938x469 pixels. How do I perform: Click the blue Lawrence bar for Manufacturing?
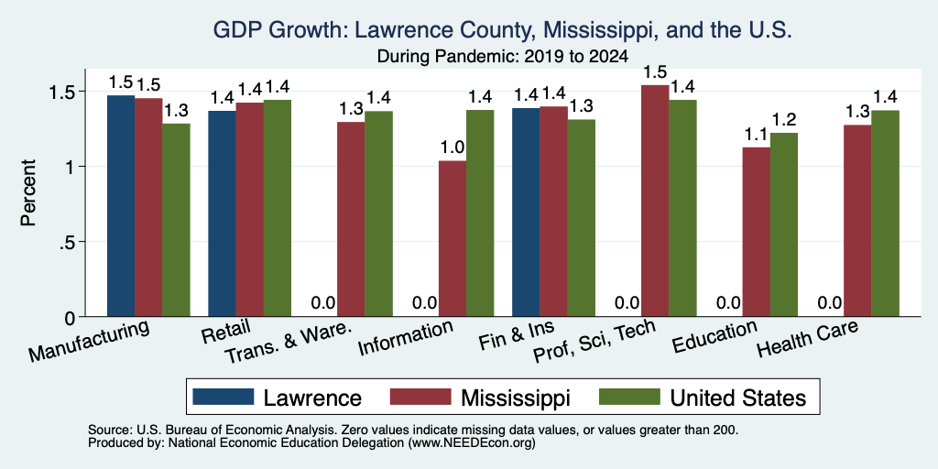click(121, 206)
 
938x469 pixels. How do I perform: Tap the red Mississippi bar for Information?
click(453, 239)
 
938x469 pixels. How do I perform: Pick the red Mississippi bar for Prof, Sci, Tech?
click(655, 201)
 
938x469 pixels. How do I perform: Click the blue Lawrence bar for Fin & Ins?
click(526, 213)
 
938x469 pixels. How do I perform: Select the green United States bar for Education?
click(784, 225)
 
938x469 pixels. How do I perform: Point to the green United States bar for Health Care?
click(886, 213)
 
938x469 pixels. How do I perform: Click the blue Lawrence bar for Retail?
click(222, 213)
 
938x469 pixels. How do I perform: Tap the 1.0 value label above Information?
click(453, 147)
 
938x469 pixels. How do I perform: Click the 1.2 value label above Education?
click(784, 120)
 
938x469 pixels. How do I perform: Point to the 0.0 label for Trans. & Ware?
click(323, 303)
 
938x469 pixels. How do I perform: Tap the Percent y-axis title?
click(28, 192)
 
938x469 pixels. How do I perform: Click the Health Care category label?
click(808, 338)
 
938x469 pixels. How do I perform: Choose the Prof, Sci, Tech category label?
click(594, 341)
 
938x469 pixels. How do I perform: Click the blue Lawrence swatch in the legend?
click(224, 397)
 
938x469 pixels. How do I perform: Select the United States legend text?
click(738, 398)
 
